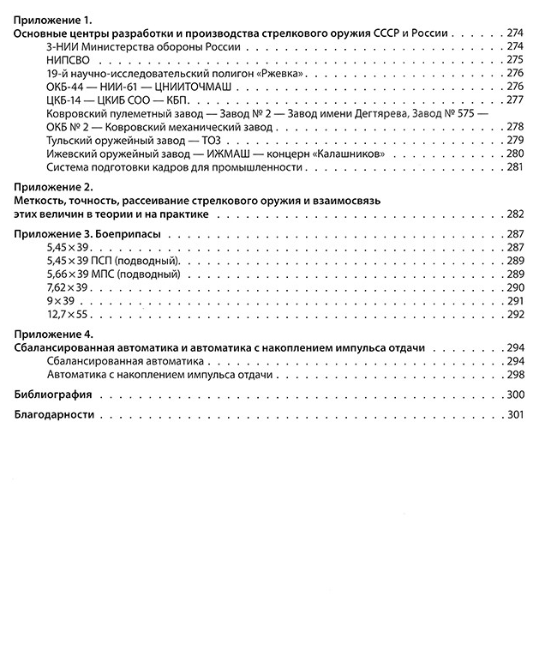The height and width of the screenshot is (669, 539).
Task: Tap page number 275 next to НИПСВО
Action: (x=514, y=60)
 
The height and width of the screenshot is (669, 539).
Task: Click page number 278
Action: (x=514, y=127)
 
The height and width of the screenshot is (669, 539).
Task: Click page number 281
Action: (x=514, y=166)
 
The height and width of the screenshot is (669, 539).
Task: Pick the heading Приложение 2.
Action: (x=57, y=187)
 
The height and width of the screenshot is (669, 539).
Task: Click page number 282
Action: (x=514, y=214)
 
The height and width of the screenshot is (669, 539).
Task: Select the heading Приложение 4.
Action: (x=57, y=334)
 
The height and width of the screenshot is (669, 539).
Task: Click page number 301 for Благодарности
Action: (x=514, y=415)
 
